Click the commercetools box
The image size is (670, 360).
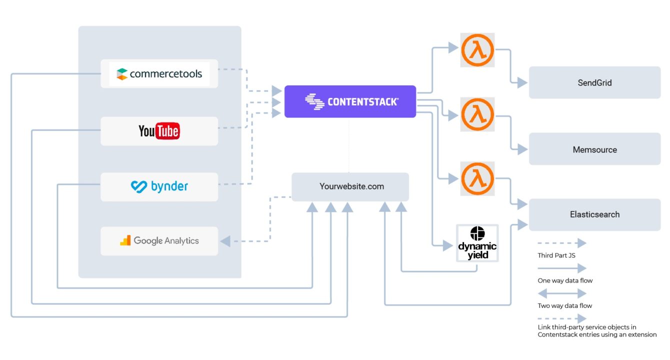(159, 74)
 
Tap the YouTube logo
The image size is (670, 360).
(159, 131)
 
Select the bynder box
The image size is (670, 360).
(159, 187)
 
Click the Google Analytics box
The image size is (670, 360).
(159, 241)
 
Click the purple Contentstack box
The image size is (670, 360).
(350, 101)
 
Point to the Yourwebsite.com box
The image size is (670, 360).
(350, 187)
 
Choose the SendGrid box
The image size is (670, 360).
(594, 82)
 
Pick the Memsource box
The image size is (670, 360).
(594, 149)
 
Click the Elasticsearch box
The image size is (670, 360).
(594, 214)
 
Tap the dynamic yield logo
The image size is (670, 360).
(477, 243)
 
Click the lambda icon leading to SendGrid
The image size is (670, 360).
(477, 50)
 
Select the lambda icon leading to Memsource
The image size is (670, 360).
(477, 114)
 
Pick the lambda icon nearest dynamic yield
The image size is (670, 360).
(477, 178)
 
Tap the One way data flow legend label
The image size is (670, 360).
(565, 280)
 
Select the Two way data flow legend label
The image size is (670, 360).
(565, 305)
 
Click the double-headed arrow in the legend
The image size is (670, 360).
(561, 293)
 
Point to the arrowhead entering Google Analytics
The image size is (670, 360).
(225, 241)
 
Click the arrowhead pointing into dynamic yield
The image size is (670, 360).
(449, 245)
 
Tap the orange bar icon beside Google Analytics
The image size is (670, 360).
(125, 240)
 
